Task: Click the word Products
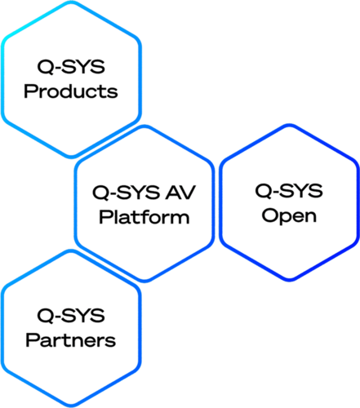click(x=71, y=91)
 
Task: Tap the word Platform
click(x=144, y=217)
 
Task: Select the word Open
click(x=289, y=217)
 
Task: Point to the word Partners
click(x=71, y=340)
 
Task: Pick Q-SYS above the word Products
click(x=71, y=67)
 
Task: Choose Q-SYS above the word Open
click(x=289, y=191)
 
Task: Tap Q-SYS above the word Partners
click(x=71, y=316)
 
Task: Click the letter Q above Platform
click(x=100, y=193)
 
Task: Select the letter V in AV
click(x=188, y=193)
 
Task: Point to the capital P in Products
click(x=30, y=91)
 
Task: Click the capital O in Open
click(x=270, y=215)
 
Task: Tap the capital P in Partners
click(x=33, y=340)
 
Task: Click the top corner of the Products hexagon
click(x=71, y=2)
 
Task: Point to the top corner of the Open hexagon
click(x=289, y=126)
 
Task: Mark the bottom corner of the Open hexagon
click(x=289, y=280)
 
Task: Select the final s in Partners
click(x=110, y=342)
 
